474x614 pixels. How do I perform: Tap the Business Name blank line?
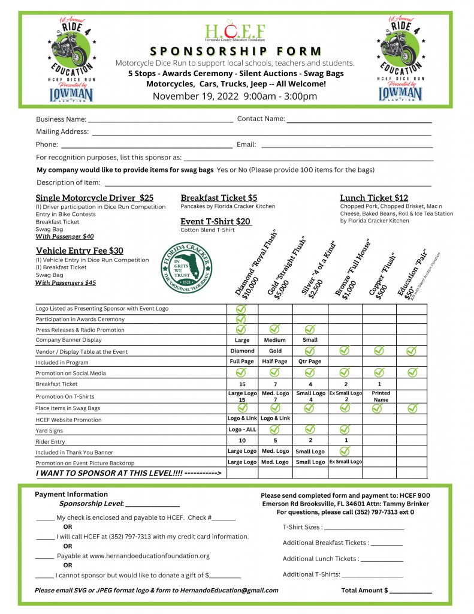point(160,120)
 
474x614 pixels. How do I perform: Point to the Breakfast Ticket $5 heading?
point(219,198)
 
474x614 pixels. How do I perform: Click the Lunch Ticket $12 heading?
point(374,198)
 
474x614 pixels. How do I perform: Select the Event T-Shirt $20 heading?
point(216,221)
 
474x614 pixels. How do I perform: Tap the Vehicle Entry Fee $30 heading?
point(80,251)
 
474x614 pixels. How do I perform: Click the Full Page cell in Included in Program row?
point(242,362)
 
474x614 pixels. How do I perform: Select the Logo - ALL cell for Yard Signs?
point(242,429)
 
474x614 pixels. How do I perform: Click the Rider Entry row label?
point(50,442)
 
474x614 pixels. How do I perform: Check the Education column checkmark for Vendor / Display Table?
point(412,350)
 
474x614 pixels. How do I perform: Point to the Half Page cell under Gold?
point(275,362)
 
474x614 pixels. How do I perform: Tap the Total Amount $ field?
point(410,591)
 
